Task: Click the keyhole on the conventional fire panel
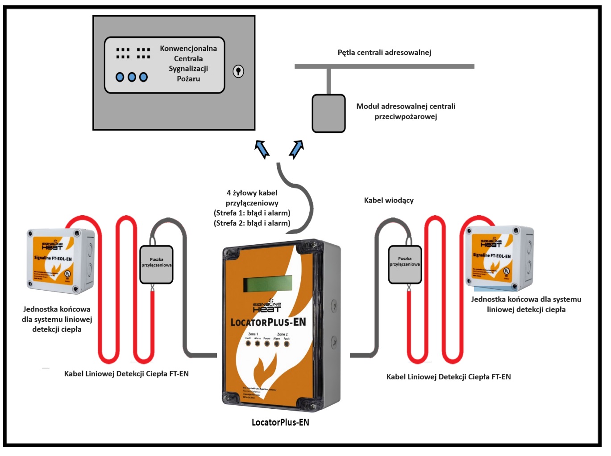(238, 71)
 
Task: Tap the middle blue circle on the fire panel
(132, 77)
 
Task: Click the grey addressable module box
(328, 113)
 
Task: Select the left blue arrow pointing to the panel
(262, 149)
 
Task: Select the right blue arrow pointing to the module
(297, 149)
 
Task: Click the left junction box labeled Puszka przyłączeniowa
(156, 265)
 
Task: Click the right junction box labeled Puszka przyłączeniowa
(405, 264)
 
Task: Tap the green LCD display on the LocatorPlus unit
(267, 283)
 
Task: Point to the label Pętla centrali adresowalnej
(384, 53)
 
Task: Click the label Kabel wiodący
(389, 201)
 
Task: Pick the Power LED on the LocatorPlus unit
(267, 344)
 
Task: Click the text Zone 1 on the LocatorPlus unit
(253, 334)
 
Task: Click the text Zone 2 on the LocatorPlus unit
(282, 334)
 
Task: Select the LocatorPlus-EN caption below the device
(280, 423)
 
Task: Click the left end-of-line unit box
(60, 261)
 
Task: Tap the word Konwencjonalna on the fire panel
(188, 49)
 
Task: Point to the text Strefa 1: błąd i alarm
(252, 213)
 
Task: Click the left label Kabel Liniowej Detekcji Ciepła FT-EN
(126, 374)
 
